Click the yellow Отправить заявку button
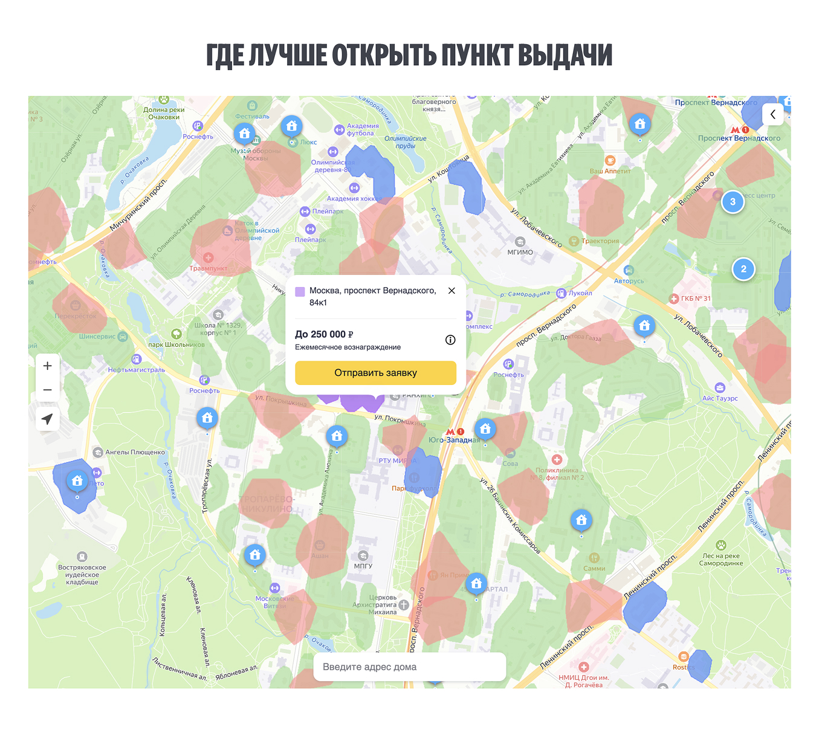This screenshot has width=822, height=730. click(x=375, y=373)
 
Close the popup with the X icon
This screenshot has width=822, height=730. click(x=451, y=291)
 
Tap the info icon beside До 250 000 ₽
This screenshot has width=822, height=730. click(x=450, y=340)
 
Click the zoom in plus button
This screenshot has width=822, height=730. click(x=48, y=366)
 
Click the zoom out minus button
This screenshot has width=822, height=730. click(x=48, y=390)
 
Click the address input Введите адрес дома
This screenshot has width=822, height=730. click(x=409, y=667)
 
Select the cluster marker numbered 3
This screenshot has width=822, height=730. click(x=733, y=202)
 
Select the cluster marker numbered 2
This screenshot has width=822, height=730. click(x=743, y=269)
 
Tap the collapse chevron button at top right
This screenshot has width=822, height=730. click(x=772, y=114)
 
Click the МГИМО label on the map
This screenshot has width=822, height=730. click(x=520, y=252)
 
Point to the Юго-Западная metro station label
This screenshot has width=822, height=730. click(x=454, y=440)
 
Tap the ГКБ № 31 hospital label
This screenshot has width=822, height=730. click(x=696, y=299)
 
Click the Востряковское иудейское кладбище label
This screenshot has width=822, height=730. click(x=82, y=575)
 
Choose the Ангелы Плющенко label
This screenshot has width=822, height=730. click(x=135, y=452)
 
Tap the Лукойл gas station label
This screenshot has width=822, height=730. click(x=580, y=293)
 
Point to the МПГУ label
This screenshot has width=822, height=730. click(x=363, y=566)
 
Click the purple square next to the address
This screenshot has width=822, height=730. click(x=300, y=291)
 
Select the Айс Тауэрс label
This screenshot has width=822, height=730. click(x=720, y=398)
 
